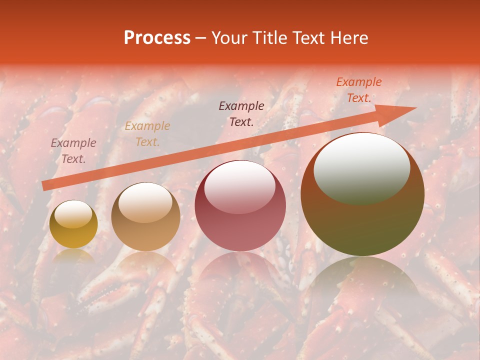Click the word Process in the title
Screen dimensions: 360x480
click(x=157, y=38)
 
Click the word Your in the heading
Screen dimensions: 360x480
click(x=230, y=38)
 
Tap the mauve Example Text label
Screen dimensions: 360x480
click(x=73, y=151)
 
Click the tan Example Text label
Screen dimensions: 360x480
click(x=147, y=134)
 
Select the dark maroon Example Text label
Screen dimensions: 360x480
click(x=241, y=113)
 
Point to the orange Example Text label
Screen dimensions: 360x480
click(x=359, y=90)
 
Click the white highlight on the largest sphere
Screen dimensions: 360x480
click(x=361, y=167)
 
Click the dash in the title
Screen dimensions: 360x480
click(x=201, y=38)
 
